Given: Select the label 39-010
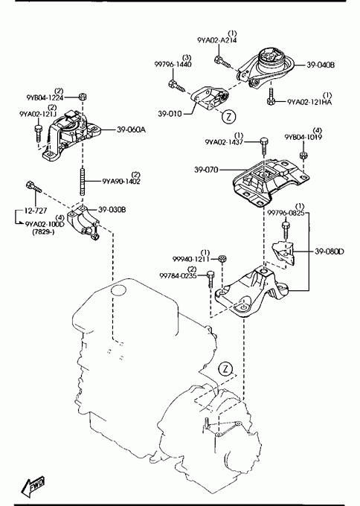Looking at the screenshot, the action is click(170, 114).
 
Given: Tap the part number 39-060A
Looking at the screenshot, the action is click(131, 129).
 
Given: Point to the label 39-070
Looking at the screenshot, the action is click(207, 170).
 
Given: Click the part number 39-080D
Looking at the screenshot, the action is click(330, 251).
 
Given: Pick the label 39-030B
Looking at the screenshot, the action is click(112, 210).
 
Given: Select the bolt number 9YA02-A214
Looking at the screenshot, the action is click(216, 40).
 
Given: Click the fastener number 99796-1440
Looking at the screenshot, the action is click(173, 64).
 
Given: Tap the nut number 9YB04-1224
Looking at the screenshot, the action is click(45, 97).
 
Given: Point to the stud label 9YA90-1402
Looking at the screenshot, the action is click(121, 182).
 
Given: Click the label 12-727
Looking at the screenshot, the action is click(36, 211).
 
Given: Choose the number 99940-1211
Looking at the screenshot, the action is click(191, 259).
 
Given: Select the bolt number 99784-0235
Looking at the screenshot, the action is click(178, 275).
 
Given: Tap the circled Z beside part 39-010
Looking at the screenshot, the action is click(228, 117).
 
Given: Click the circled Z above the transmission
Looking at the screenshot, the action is click(225, 369).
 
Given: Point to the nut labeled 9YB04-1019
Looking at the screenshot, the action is click(303, 156).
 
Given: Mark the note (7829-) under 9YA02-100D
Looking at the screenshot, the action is click(43, 231).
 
